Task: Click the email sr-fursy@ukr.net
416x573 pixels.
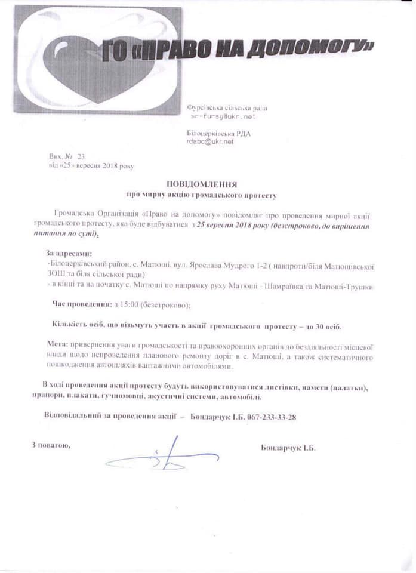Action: click(218, 117)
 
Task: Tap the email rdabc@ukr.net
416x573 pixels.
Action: click(209, 142)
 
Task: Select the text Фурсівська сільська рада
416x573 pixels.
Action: click(227, 108)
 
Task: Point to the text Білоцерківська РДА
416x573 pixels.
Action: click(218, 134)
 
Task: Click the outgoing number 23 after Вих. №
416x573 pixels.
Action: click(81, 156)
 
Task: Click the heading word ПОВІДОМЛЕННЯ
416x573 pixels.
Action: click(202, 184)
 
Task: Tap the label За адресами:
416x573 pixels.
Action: click(69, 253)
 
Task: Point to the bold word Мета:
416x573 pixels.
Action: click(58, 345)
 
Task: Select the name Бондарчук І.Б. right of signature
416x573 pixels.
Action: click(288, 448)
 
